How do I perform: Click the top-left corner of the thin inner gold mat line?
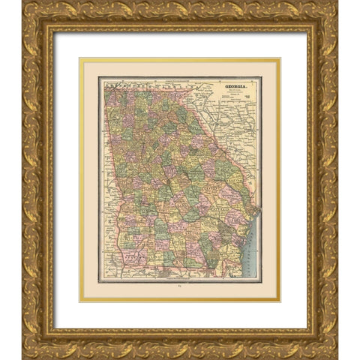tap(80, 59)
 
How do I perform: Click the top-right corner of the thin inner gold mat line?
tap(279, 59)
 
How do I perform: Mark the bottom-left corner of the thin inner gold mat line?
tap(80, 301)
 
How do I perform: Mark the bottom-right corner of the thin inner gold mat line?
tap(279, 301)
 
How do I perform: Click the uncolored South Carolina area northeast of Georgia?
tap(225, 127)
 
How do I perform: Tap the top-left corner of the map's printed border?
tap(99, 77)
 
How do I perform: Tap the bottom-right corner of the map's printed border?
tap(260, 279)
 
